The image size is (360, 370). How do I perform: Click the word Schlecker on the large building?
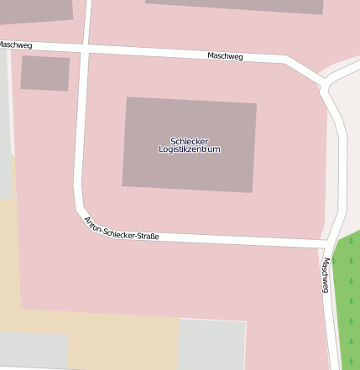point(189,141)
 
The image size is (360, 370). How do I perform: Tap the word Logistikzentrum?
point(189,149)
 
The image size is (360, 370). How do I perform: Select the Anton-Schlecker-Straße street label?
point(121,230)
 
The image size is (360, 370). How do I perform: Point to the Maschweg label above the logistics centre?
point(225,56)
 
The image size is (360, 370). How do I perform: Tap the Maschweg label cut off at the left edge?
point(15,44)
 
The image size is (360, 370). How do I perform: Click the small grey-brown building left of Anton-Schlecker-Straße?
point(45,73)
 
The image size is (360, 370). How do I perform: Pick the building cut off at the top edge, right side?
point(235,5)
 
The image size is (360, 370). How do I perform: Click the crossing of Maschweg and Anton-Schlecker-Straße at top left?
point(86,49)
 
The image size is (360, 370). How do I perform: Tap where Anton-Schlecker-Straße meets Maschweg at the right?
point(326,244)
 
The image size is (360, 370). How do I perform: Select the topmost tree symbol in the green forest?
point(351,242)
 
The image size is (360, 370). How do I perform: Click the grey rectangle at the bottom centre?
point(211,344)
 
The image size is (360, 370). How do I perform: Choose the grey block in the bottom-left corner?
point(34,351)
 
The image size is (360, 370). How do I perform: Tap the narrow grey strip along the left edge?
point(6,126)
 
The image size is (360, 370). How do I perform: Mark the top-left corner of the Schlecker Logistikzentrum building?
point(127,98)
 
